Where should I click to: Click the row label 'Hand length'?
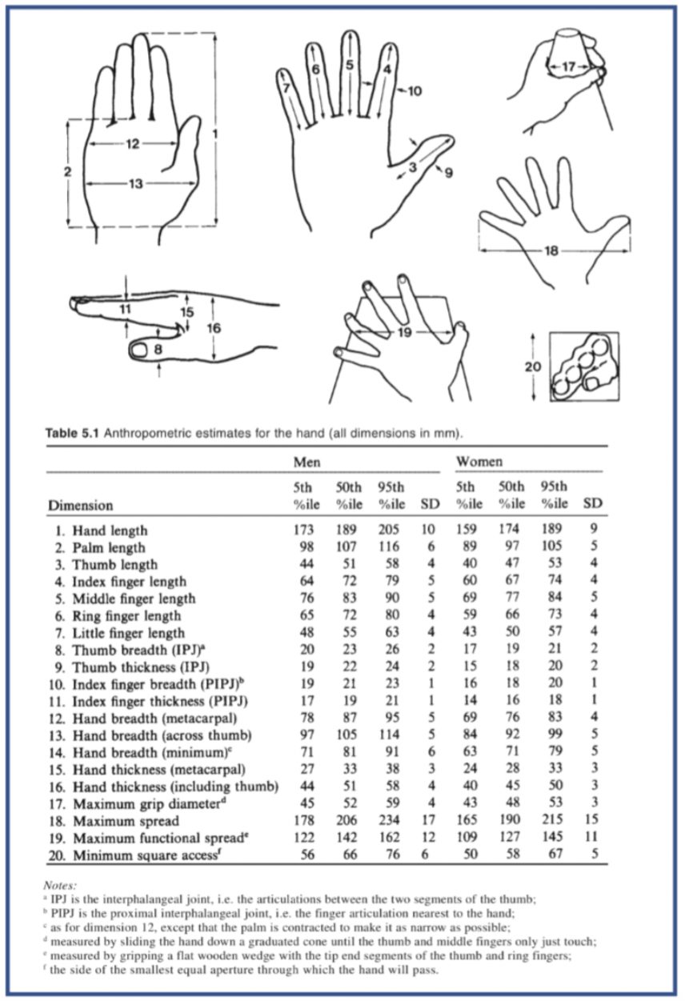pyautogui.click(x=110, y=531)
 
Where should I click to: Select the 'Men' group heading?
pyautogui.click(x=306, y=462)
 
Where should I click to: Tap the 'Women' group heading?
pyautogui.click(x=479, y=461)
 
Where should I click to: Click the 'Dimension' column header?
pyautogui.click(x=80, y=505)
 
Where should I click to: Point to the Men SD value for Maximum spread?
pyautogui.click(x=429, y=820)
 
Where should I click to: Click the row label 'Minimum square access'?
pyautogui.click(x=146, y=855)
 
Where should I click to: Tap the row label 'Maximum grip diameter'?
pyautogui.click(x=146, y=803)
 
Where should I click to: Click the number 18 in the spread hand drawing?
pyautogui.click(x=551, y=250)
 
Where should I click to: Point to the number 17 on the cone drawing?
pyautogui.click(x=568, y=67)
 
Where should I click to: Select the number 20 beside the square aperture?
pyautogui.click(x=533, y=367)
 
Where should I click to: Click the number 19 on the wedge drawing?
pyautogui.click(x=404, y=332)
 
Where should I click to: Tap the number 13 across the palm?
pyautogui.click(x=135, y=183)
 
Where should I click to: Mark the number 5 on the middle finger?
pyautogui.click(x=350, y=65)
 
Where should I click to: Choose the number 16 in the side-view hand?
pyautogui.click(x=214, y=328)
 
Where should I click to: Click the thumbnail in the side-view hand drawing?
pyautogui.click(x=140, y=350)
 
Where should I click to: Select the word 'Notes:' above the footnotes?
pyautogui.click(x=60, y=885)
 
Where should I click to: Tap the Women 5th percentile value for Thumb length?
pyautogui.click(x=469, y=563)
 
